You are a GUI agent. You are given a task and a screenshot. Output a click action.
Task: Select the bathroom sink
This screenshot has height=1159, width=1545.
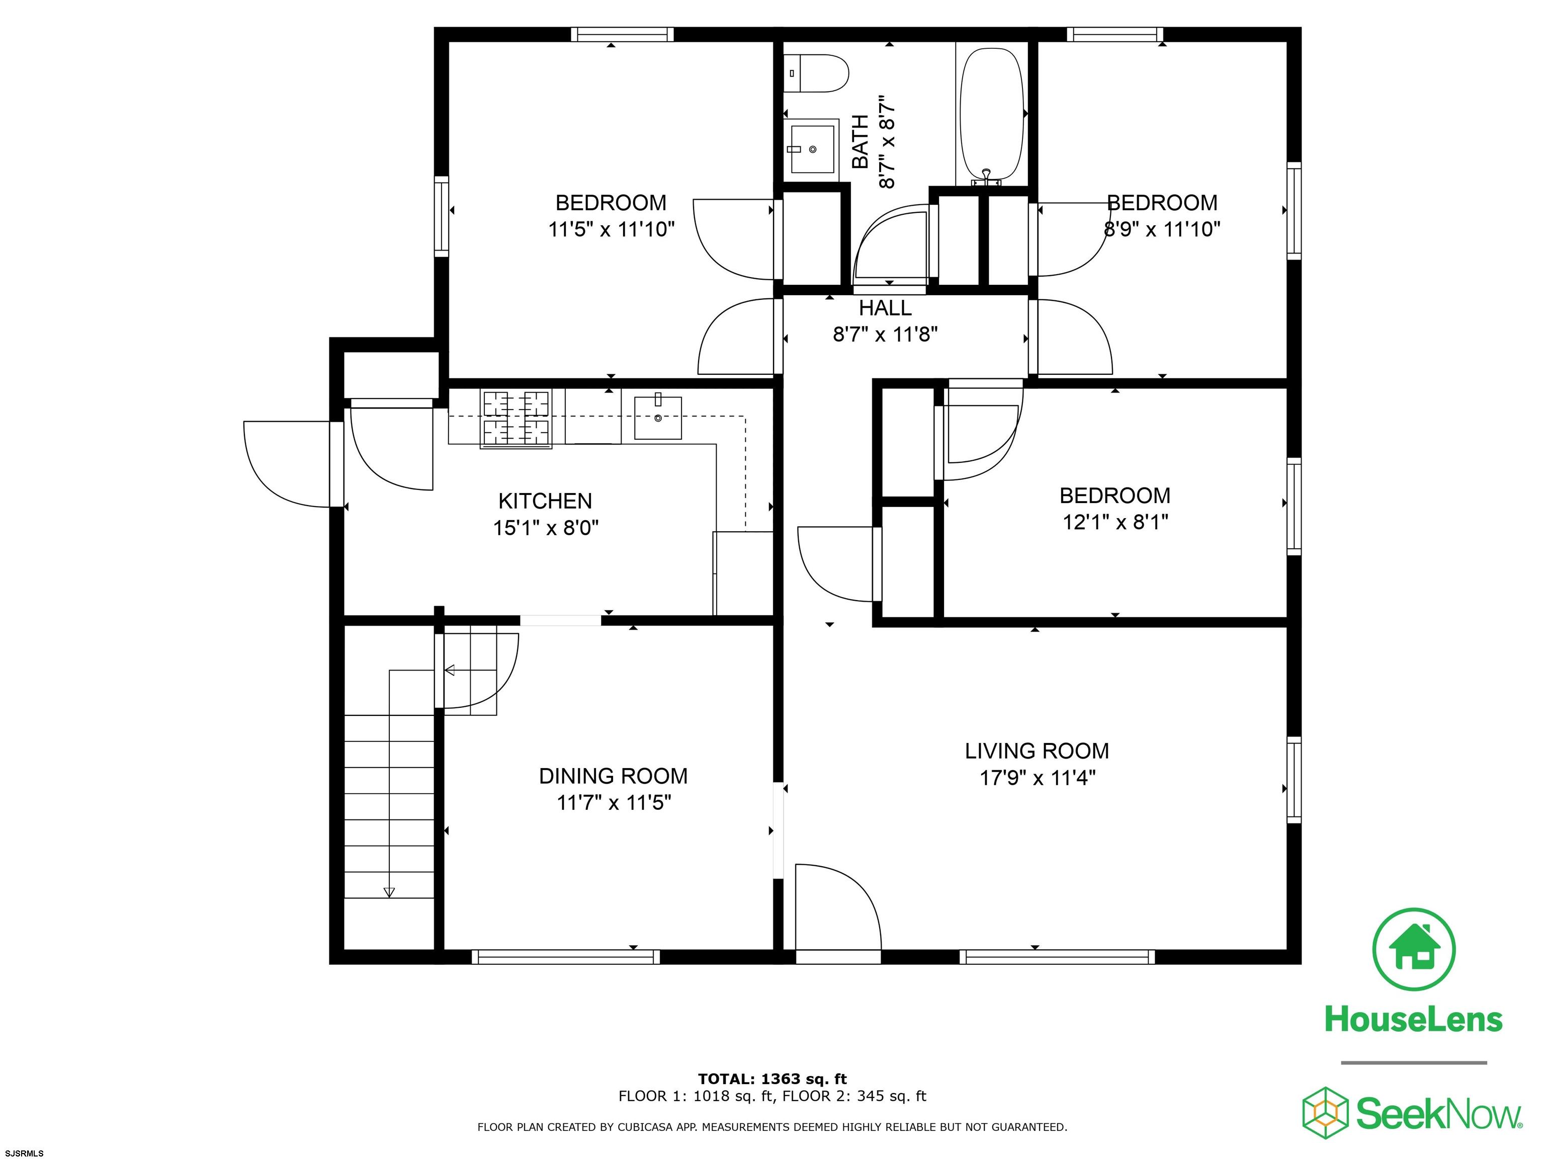(812, 149)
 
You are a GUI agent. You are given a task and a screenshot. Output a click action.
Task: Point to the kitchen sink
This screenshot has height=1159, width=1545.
(657, 417)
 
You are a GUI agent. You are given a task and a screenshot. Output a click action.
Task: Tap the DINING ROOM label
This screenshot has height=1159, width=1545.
(613, 776)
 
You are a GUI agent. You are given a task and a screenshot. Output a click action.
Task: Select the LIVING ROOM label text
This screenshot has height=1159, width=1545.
(1037, 751)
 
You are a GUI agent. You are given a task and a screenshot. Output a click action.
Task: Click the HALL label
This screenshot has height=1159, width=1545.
(885, 308)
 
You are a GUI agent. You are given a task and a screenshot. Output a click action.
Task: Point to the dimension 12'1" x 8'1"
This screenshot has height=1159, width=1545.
(1115, 522)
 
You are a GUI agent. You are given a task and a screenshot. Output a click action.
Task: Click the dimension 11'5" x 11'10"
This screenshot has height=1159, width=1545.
(611, 229)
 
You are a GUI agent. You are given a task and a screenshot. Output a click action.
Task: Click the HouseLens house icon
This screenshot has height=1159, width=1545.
(1414, 949)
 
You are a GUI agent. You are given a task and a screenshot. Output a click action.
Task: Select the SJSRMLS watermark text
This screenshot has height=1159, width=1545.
(25, 1153)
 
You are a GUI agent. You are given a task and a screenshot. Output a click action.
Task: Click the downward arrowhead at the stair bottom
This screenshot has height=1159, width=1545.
(389, 892)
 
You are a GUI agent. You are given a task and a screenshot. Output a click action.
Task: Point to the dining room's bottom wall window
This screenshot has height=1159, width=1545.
(566, 957)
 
